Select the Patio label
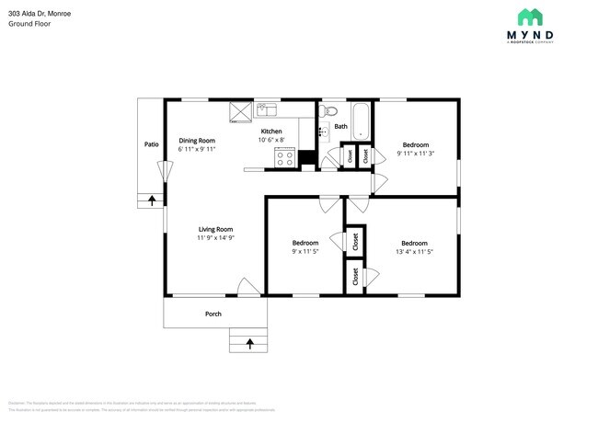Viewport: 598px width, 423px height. pyautogui.click(x=151, y=144)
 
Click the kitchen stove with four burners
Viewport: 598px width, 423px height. pyautogui.click(x=284, y=157)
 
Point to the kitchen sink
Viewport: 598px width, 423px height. pyautogui.click(x=267, y=110)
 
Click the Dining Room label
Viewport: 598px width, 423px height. pyautogui.click(x=197, y=140)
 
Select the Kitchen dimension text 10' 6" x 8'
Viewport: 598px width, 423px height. pyautogui.click(x=277, y=141)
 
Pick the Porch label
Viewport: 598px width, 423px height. pyautogui.click(x=213, y=314)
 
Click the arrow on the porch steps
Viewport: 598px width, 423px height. pyautogui.click(x=248, y=344)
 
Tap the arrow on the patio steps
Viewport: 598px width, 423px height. pyautogui.click(x=151, y=199)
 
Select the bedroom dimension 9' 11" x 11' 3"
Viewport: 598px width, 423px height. pyautogui.click(x=416, y=154)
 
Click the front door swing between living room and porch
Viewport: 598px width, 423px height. pyautogui.click(x=245, y=287)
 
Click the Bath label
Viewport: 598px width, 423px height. pyautogui.click(x=340, y=127)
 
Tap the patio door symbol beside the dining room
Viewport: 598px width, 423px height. pyautogui.click(x=165, y=171)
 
